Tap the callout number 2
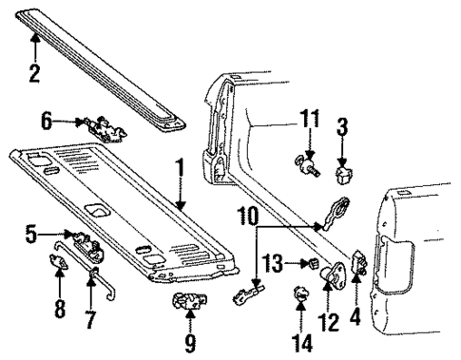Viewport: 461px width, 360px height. (35, 73)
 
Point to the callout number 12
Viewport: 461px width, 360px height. (329, 325)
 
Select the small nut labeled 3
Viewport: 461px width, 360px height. (342, 175)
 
